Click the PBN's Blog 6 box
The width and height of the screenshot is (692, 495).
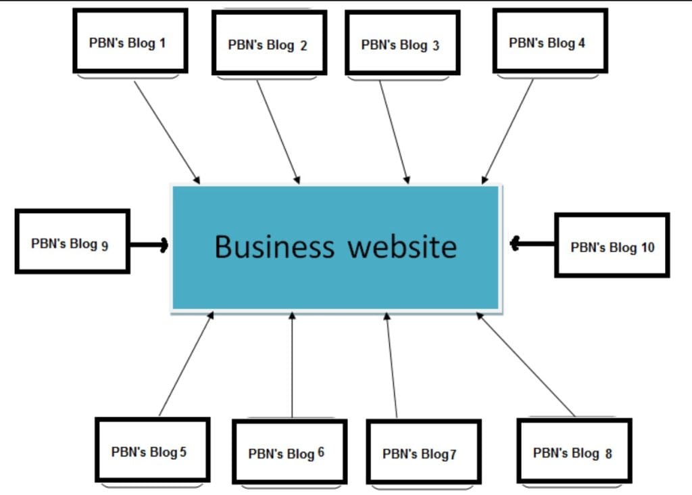289,452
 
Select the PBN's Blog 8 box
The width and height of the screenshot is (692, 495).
574,451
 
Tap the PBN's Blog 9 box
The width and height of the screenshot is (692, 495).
72,241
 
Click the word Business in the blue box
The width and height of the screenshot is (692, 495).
274,247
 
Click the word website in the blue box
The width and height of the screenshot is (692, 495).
403,247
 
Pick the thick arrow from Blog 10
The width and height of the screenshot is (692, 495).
533,243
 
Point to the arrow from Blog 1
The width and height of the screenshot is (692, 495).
167,132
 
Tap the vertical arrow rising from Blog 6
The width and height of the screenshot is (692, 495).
292,365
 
